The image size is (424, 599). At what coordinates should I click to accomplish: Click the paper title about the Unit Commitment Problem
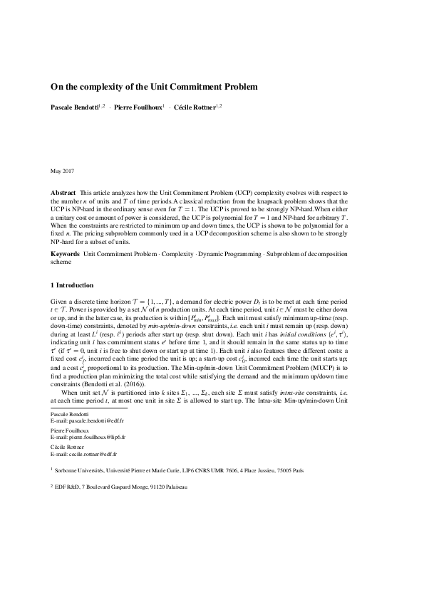pyautogui.click(x=153, y=87)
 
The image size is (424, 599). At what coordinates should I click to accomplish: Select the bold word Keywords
pyautogui.click(x=65, y=254)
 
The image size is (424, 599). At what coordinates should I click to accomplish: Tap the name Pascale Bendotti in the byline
pyautogui.click(x=74, y=107)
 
